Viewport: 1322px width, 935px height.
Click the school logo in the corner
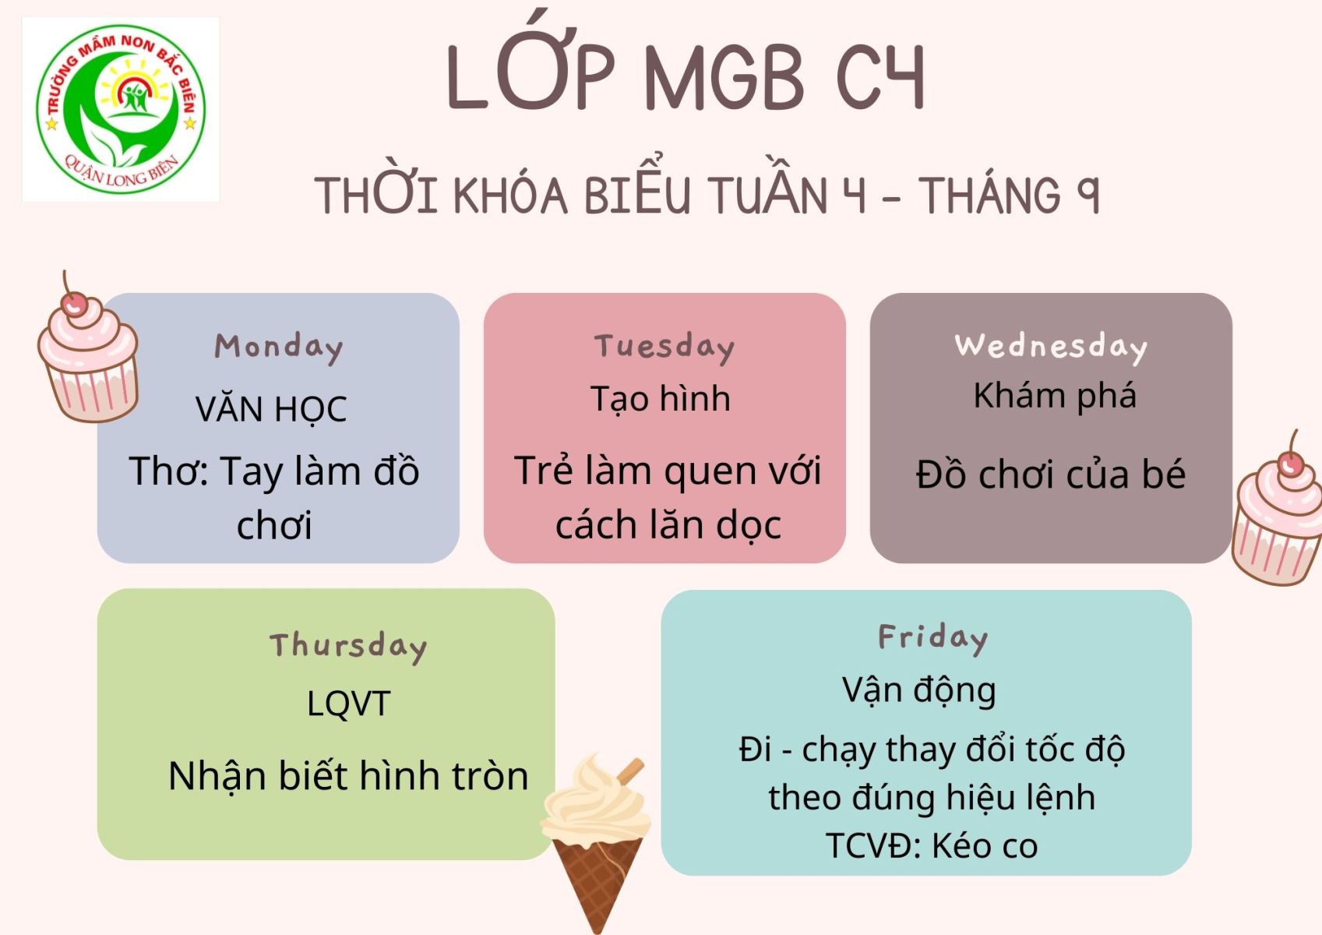[x=121, y=110]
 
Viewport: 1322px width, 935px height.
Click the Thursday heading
[x=348, y=647]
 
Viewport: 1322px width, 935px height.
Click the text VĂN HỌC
[x=271, y=410]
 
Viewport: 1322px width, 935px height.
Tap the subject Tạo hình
[x=661, y=398]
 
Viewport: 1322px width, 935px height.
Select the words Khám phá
[x=1055, y=396]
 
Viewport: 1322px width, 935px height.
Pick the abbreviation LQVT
[x=349, y=704]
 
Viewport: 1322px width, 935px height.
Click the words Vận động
[x=919, y=690]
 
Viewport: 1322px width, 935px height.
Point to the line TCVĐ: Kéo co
[x=931, y=846]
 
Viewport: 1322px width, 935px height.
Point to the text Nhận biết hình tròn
[x=348, y=775]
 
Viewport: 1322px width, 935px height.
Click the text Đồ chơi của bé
[x=1051, y=474]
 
